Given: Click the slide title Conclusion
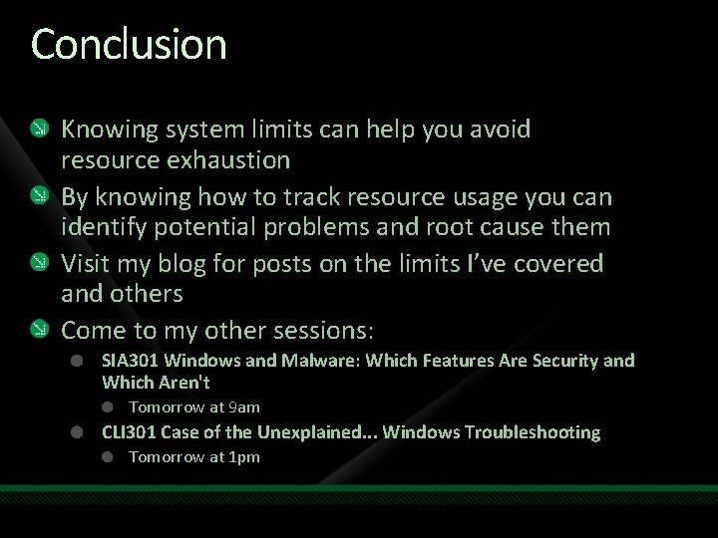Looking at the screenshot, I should coord(129,45).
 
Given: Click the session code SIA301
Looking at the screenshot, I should coord(131,361).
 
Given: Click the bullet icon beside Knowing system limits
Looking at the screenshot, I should coord(37,129).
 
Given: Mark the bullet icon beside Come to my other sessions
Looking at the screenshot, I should coord(37,329).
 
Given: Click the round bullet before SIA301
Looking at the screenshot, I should coord(78,361).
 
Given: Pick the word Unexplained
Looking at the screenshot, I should coord(317,432).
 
